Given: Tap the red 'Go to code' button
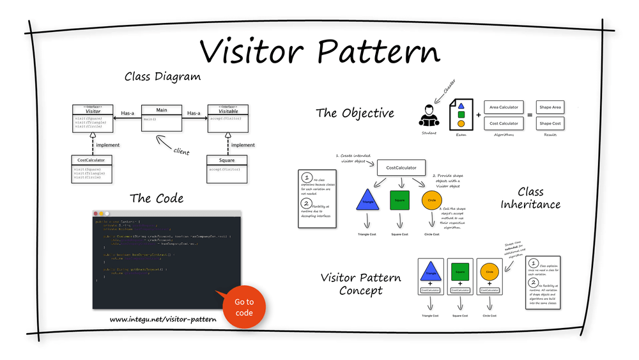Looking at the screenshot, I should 244,307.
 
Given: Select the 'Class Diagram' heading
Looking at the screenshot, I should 162,77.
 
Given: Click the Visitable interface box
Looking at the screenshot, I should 228,118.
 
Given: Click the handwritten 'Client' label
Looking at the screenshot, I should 181,152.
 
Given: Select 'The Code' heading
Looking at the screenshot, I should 157,198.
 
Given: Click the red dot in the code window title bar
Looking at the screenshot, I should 96,213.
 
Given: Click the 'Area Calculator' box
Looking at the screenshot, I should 504,107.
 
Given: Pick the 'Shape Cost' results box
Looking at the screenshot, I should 550,123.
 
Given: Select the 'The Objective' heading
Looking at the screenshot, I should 355,113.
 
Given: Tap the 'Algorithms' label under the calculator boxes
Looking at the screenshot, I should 504,134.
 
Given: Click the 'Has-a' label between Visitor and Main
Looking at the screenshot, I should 128,113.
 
